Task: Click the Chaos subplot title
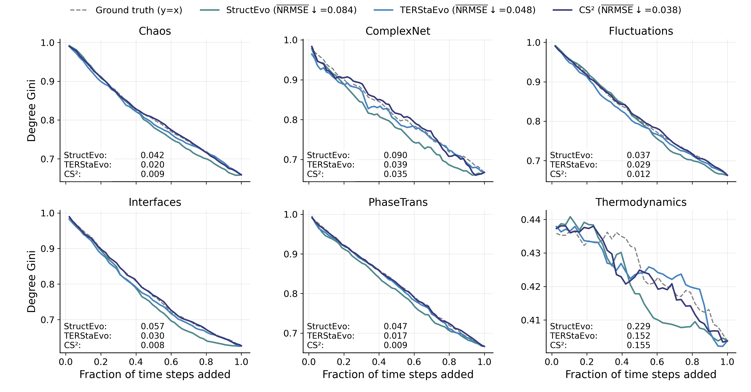point(155,31)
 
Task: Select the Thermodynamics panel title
point(641,202)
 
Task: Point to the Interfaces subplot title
point(155,202)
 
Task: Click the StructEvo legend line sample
point(210,10)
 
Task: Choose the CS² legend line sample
point(562,10)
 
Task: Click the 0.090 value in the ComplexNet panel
point(395,155)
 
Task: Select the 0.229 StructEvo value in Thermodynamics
point(639,326)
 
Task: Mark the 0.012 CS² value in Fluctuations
point(639,174)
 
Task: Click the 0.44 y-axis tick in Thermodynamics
point(531,219)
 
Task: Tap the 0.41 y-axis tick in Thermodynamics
point(531,320)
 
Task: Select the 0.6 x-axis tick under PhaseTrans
point(414,362)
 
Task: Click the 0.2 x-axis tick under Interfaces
point(101,362)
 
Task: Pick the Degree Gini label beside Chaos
point(31,111)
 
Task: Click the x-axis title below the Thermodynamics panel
point(641,375)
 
